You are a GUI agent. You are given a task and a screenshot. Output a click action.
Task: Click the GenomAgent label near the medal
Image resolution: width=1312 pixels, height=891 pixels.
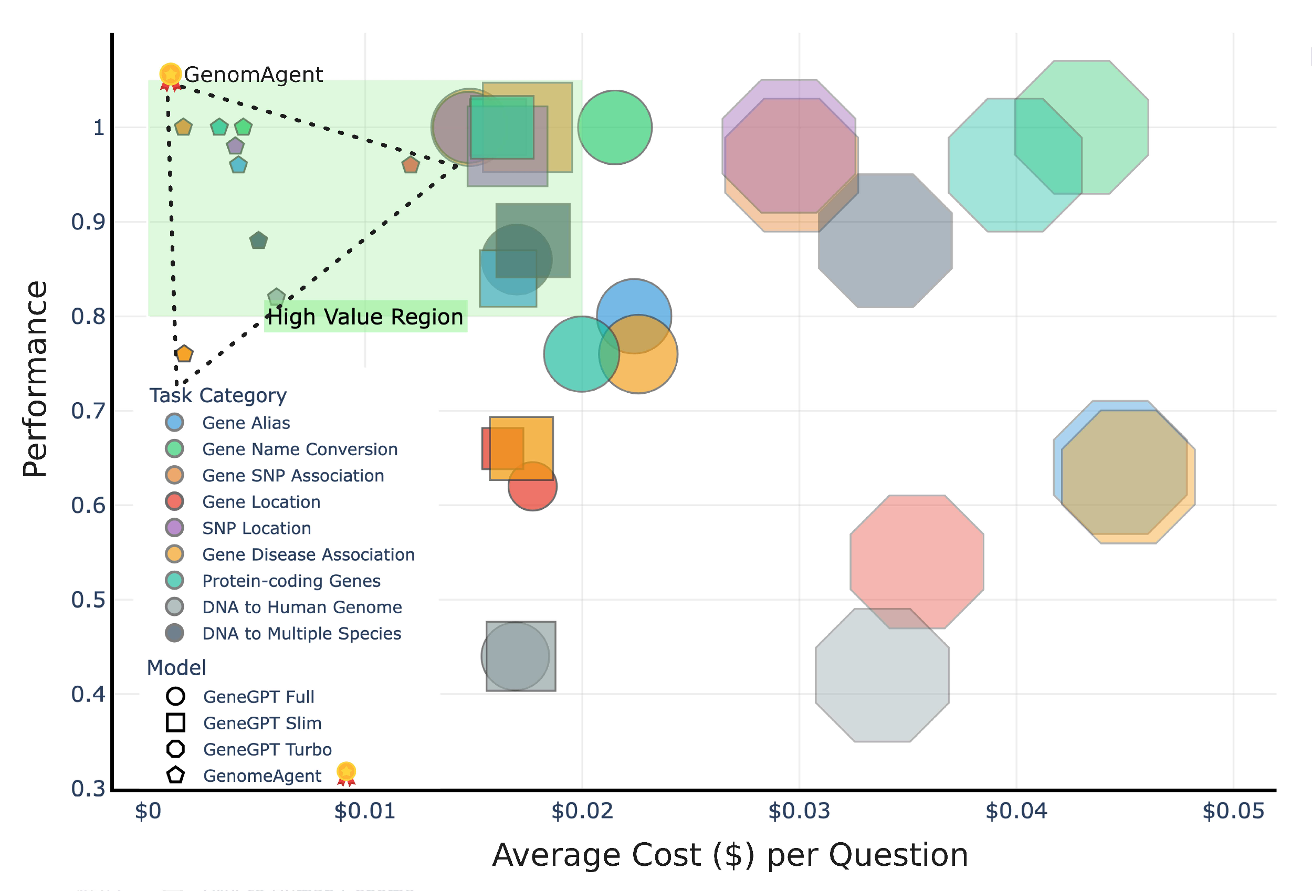click(253, 75)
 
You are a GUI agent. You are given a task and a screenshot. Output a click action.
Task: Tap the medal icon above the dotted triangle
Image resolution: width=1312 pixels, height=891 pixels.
click(170, 76)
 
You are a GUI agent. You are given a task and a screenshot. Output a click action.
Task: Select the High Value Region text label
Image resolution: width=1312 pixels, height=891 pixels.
click(365, 317)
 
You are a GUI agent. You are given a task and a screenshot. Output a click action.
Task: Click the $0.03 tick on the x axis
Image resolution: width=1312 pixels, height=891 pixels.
click(799, 811)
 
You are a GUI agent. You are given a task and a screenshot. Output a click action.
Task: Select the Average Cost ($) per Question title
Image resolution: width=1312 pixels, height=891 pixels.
click(729, 854)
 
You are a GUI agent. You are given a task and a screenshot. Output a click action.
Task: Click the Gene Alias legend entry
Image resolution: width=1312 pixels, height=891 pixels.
click(246, 423)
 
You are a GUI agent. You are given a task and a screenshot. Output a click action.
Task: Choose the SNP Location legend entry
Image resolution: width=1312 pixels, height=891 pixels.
click(256, 528)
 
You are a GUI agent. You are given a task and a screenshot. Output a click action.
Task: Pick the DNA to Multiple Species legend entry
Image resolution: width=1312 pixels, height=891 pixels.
click(301, 634)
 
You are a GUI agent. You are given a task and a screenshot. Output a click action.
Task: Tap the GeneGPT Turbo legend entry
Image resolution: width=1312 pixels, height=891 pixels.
click(267, 749)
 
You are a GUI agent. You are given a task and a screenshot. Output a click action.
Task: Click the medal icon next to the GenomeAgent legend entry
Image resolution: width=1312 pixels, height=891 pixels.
click(346, 773)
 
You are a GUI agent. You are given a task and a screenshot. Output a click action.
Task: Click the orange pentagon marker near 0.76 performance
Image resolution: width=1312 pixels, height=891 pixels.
click(184, 354)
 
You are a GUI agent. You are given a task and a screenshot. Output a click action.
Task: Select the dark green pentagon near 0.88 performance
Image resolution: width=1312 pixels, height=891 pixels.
click(258, 240)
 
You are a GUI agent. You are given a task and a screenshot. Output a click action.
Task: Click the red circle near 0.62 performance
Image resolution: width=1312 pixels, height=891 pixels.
click(532, 486)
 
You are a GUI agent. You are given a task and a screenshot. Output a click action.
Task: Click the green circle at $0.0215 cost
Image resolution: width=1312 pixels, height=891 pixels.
click(615, 127)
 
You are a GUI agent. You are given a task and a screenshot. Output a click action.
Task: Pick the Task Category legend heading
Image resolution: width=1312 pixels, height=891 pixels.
click(217, 395)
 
